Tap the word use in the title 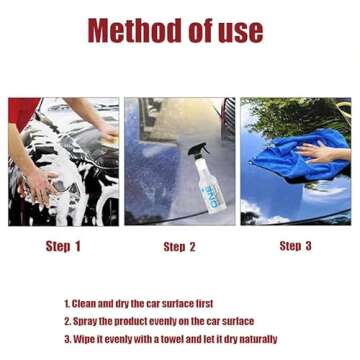coord(241,30)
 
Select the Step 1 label coord(63,246)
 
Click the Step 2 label coord(179,247)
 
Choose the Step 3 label coord(295,246)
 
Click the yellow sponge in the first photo coord(106,136)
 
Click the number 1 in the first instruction coord(67,303)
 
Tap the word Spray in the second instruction coord(83,321)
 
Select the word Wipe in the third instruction coord(83,339)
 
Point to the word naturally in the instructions coord(256,339)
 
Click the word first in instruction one coord(203,303)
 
